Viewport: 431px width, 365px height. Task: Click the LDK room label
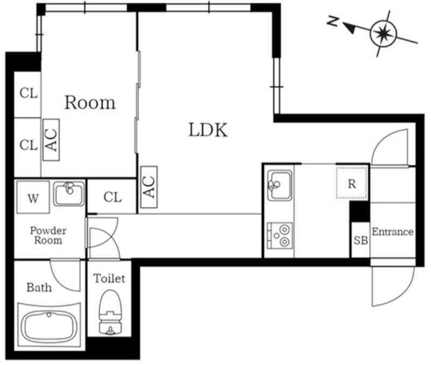[208, 130]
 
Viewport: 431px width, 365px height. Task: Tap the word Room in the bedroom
[90, 103]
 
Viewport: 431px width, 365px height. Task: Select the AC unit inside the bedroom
[51, 140]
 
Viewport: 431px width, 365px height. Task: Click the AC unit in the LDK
[149, 187]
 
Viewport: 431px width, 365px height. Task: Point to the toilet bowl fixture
[110, 313]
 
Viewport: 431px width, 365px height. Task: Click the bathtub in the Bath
[49, 326]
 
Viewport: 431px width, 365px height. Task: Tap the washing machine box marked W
[33, 197]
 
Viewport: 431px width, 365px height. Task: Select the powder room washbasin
[69, 194]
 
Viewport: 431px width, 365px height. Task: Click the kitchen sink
[280, 185]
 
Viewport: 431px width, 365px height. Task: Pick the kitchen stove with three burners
[280, 235]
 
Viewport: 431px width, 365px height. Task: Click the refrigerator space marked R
[352, 182]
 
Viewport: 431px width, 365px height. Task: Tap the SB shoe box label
[360, 241]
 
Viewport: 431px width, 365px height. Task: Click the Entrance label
[393, 232]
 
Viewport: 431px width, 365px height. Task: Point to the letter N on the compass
[333, 21]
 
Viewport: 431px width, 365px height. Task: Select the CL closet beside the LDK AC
[112, 197]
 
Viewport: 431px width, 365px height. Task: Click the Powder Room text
[48, 235]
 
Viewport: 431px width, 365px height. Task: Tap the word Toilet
[109, 278]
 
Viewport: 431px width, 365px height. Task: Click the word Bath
[39, 287]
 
